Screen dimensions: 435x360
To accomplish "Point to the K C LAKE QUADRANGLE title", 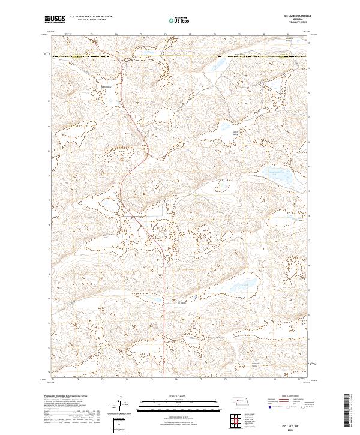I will tap(280, 17).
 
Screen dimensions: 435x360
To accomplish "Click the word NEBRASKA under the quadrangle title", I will tap(280, 20).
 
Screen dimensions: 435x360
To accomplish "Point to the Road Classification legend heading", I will tap(282, 397).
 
